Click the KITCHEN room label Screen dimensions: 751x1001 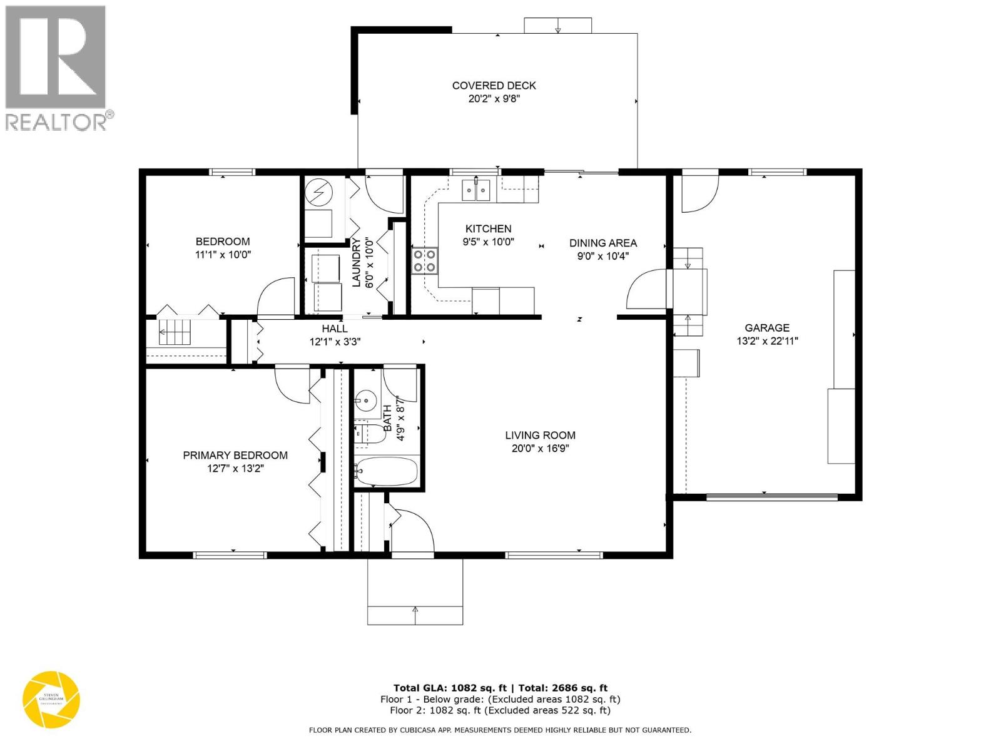[488, 229]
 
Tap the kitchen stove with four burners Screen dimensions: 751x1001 [424, 260]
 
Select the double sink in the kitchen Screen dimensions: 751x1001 [475, 189]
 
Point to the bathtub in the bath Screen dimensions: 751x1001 [386, 471]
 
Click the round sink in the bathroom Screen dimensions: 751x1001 [365, 399]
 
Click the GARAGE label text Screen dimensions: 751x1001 [766, 328]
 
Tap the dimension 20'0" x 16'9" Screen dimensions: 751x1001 [541, 448]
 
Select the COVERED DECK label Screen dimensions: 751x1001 [494, 86]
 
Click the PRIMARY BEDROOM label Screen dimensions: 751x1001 [235, 456]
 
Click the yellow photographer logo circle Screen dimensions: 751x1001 [51, 700]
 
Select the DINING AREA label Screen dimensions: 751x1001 [602, 243]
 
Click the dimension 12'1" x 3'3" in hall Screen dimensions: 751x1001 [335, 342]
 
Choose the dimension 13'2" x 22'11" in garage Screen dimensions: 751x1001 [767, 341]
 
